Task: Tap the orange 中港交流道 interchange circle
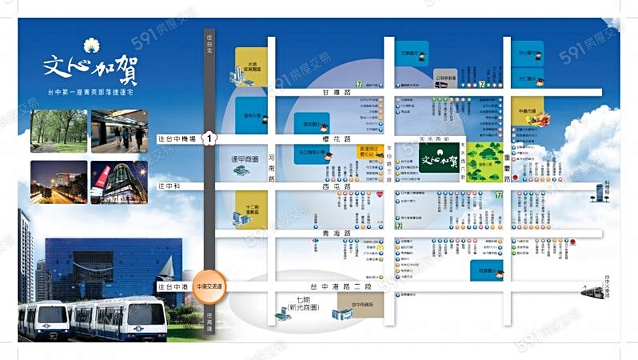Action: click(x=210, y=286)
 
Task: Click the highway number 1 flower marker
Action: click(x=209, y=137)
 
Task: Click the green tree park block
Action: click(x=485, y=162)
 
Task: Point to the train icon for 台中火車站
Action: click(x=592, y=291)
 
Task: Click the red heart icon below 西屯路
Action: click(x=379, y=193)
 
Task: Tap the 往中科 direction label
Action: click(x=169, y=186)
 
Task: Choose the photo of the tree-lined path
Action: click(x=58, y=131)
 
